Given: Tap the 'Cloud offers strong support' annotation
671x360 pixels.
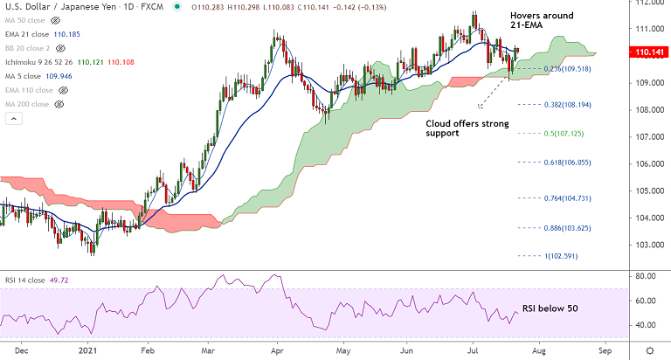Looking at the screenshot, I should pyautogui.click(x=467, y=128).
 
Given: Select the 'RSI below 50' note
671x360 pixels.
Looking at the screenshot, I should pyautogui.click(x=550, y=308).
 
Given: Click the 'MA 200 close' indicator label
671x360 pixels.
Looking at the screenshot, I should pyautogui.click(x=28, y=104).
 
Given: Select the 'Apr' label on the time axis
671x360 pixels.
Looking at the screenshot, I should pyautogui.click(x=279, y=350).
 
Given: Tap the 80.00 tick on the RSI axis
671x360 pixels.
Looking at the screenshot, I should pyautogui.click(x=647, y=277).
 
